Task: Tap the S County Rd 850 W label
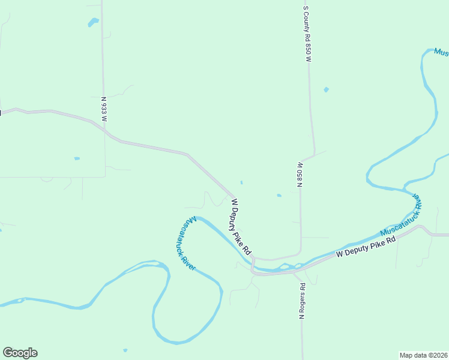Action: (x=307, y=34)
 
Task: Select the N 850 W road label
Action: (x=299, y=174)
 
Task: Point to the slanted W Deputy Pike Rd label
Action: (x=240, y=227)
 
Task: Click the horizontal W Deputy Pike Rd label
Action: (x=367, y=246)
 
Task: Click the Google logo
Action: (x=20, y=353)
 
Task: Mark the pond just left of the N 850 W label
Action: (x=279, y=195)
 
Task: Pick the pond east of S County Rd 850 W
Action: (x=326, y=90)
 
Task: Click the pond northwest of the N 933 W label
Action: (x=93, y=22)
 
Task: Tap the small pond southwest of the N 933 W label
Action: (x=77, y=158)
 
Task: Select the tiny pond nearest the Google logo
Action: (x=125, y=350)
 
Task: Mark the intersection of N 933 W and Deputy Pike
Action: (x=105, y=131)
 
